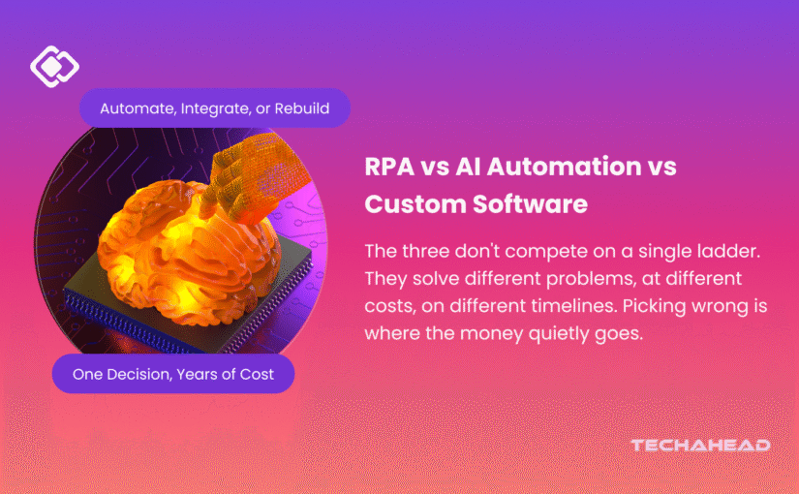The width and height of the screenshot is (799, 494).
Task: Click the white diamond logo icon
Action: click(54, 66)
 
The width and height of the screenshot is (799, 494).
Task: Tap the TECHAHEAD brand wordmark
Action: click(700, 446)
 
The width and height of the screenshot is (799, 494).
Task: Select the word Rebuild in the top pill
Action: click(301, 108)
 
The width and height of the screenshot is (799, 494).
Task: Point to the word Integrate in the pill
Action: click(215, 109)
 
